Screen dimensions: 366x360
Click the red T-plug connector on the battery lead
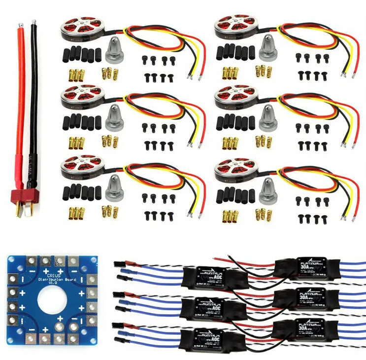coord(22,199)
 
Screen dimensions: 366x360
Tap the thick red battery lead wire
coord(19,99)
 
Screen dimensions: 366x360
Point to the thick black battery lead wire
coord(34,99)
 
